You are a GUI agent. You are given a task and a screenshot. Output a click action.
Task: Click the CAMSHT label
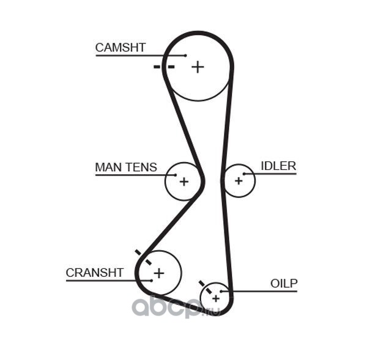120,48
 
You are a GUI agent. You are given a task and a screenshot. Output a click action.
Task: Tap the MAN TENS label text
126,167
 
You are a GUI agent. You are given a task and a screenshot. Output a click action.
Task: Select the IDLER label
278,166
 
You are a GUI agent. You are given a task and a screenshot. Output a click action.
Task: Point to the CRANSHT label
95,273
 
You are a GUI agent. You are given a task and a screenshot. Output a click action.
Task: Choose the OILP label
284,284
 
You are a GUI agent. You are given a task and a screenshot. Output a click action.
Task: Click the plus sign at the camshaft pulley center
198,67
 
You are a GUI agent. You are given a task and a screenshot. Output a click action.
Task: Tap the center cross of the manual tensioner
184,182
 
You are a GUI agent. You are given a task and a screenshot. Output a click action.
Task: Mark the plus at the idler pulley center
239,181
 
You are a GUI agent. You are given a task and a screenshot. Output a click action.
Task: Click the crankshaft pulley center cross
159,273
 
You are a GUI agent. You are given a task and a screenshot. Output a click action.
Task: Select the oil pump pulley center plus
216,298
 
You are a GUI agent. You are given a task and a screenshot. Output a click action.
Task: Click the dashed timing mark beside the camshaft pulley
164,67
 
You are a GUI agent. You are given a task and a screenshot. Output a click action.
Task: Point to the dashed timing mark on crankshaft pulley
143,257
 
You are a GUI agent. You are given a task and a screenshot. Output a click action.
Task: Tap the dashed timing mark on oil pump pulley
206,287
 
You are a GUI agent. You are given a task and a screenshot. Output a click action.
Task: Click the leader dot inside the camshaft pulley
185,56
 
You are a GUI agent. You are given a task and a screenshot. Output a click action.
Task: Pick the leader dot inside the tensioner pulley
176,175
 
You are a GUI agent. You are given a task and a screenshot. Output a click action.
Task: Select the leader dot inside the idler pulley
244,174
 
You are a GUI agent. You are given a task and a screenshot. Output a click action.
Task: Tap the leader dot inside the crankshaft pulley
152,281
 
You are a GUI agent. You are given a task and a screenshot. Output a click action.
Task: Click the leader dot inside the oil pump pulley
221,291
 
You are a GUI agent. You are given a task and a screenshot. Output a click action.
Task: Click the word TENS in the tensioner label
141,167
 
